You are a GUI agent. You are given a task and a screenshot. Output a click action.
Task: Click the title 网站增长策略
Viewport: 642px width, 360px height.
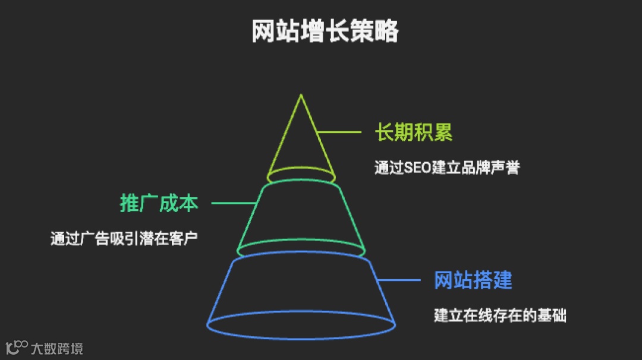click(x=325, y=31)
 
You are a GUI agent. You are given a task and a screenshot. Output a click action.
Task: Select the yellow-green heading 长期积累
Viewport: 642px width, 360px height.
click(x=414, y=132)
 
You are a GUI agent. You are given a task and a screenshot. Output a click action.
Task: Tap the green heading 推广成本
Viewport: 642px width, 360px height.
click(x=159, y=204)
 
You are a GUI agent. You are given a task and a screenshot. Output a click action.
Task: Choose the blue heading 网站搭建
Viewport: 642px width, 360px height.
click(x=473, y=280)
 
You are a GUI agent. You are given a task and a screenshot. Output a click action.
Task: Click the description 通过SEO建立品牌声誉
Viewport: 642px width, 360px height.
click(x=447, y=168)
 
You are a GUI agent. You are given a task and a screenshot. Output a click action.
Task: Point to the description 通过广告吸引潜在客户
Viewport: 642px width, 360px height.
click(x=124, y=239)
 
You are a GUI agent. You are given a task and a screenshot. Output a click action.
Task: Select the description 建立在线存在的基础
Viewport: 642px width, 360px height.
click(x=500, y=315)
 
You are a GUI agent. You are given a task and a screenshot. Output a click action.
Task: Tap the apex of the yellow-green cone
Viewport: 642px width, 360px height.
click(x=301, y=96)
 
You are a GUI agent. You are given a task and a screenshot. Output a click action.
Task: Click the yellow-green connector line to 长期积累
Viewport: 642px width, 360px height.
click(x=339, y=132)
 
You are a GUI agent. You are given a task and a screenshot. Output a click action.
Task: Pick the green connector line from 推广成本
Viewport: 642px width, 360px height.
click(x=234, y=204)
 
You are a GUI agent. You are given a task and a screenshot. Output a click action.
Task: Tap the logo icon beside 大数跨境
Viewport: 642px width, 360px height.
click(x=17, y=346)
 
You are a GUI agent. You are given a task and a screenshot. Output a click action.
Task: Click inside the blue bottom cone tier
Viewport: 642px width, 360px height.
click(x=301, y=291)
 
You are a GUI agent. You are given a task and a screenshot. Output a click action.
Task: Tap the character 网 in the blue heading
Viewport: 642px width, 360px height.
click(x=444, y=280)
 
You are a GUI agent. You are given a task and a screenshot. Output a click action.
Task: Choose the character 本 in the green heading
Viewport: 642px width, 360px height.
click(x=188, y=204)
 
